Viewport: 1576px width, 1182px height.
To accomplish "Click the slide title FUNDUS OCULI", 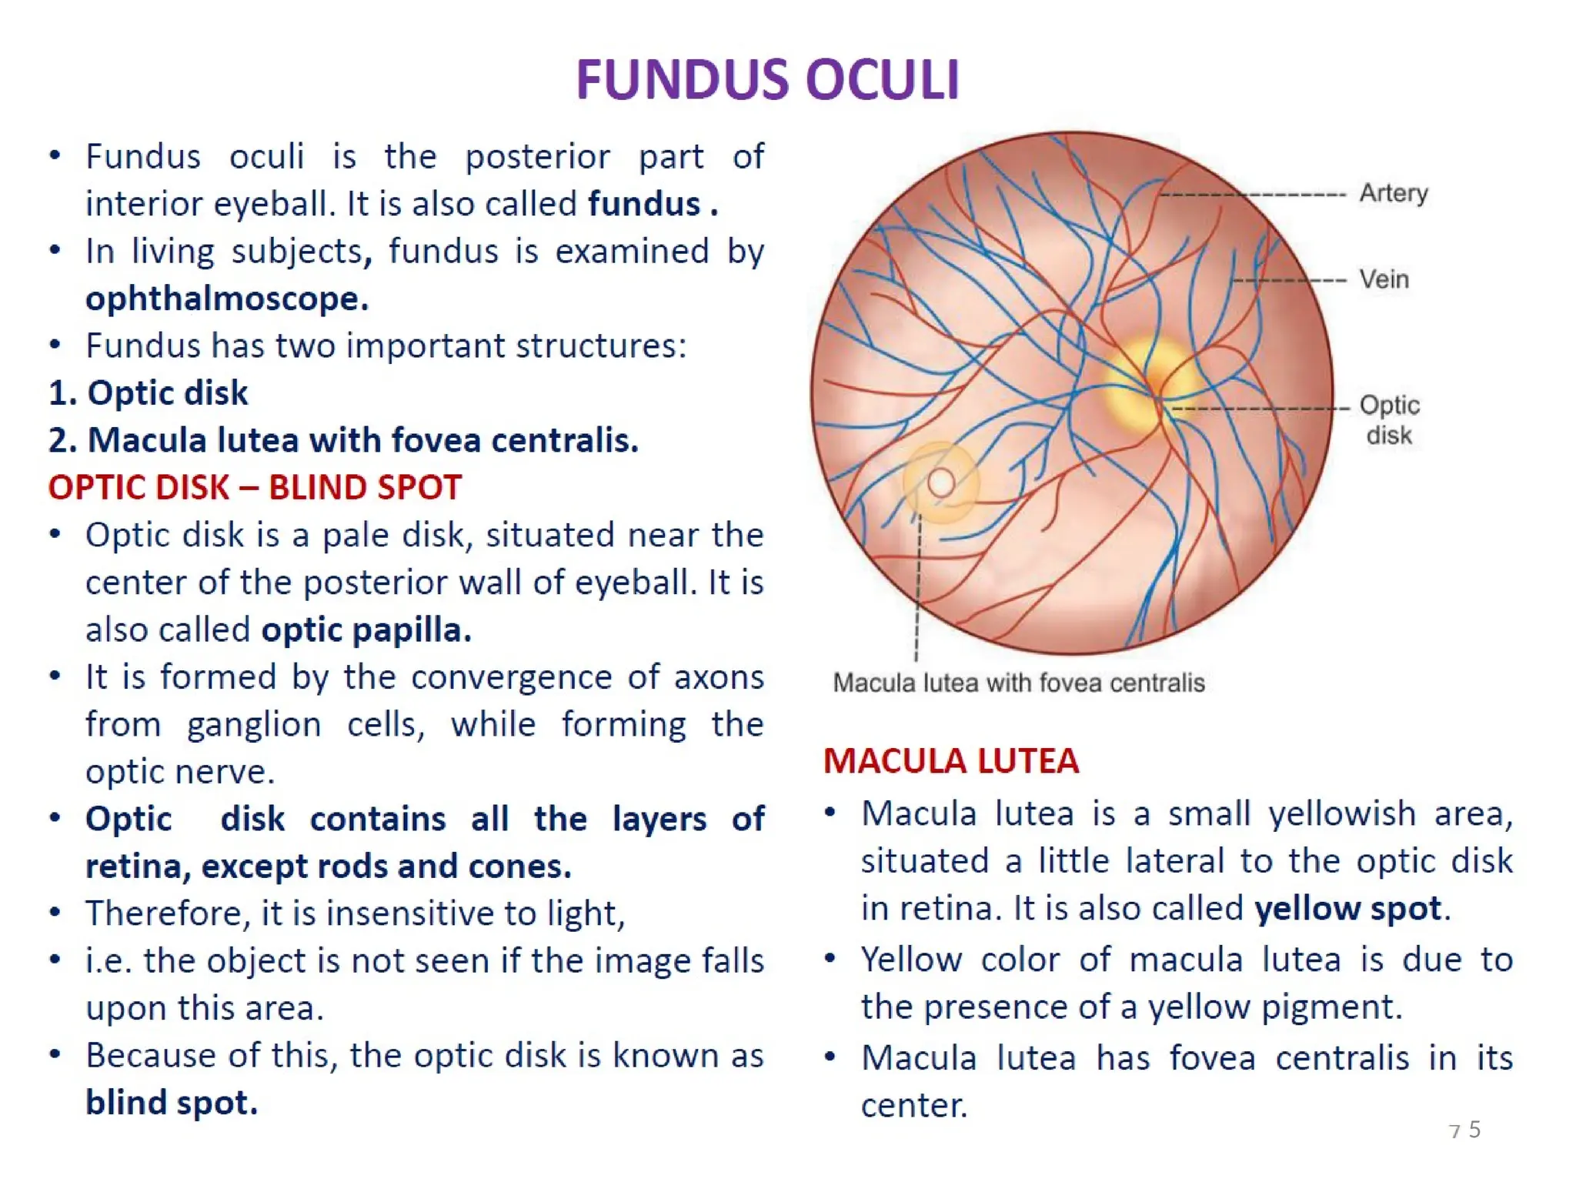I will [x=767, y=80].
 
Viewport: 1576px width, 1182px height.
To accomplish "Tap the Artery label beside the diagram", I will [x=1393, y=193].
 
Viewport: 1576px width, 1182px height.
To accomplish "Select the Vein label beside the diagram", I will [x=1384, y=279].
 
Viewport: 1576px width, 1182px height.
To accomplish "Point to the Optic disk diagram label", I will [x=1389, y=419].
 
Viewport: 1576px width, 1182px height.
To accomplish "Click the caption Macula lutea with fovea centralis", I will [x=1018, y=683].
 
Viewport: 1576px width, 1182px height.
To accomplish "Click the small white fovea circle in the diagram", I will [x=940, y=483].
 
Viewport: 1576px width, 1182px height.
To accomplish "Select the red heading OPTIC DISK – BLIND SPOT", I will [x=255, y=488].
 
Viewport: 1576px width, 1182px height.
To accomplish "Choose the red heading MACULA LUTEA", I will [x=950, y=761].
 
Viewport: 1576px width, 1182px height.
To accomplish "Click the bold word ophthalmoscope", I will [x=226, y=299].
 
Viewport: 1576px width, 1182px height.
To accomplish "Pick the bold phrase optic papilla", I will [x=366, y=630].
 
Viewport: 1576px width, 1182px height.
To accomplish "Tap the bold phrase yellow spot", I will [x=1347, y=909].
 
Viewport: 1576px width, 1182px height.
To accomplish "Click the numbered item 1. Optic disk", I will [x=148, y=393].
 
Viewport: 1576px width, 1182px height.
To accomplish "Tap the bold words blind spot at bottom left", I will [x=171, y=1103].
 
